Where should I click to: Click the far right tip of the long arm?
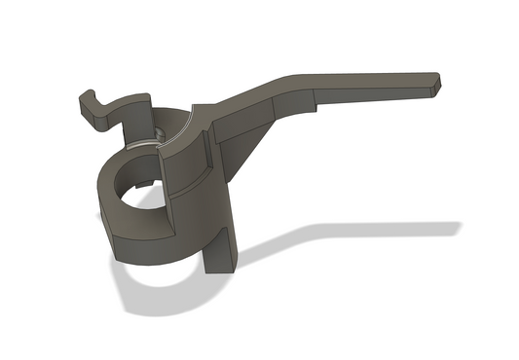click(x=437, y=83)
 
